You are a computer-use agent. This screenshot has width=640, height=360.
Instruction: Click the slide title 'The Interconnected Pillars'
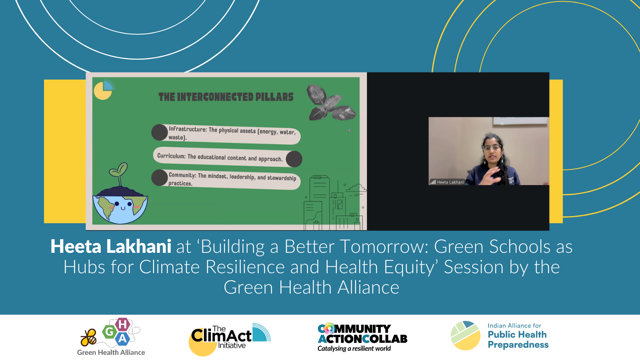[226, 97]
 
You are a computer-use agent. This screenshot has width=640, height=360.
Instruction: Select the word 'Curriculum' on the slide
[171, 156]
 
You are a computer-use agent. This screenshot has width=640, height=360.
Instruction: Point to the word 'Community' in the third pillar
[182, 175]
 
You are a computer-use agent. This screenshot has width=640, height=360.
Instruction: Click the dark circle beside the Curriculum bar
[294, 159]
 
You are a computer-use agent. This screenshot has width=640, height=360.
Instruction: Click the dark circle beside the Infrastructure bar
[159, 132]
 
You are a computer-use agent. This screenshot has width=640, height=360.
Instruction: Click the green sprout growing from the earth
[119, 172]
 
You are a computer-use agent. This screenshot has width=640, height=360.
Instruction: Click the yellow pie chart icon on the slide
[103, 90]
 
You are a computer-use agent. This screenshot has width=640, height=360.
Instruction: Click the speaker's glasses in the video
[491, 148]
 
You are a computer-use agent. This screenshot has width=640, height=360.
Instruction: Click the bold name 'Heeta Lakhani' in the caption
[111, 246]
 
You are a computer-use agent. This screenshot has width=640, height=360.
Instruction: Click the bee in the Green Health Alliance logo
[88, 338]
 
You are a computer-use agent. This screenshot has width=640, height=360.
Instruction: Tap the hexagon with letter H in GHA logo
[122, 324]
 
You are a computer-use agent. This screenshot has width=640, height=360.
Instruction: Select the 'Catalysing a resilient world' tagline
[354, 348]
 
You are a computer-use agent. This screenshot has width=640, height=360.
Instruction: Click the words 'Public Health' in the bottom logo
[517, 334]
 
